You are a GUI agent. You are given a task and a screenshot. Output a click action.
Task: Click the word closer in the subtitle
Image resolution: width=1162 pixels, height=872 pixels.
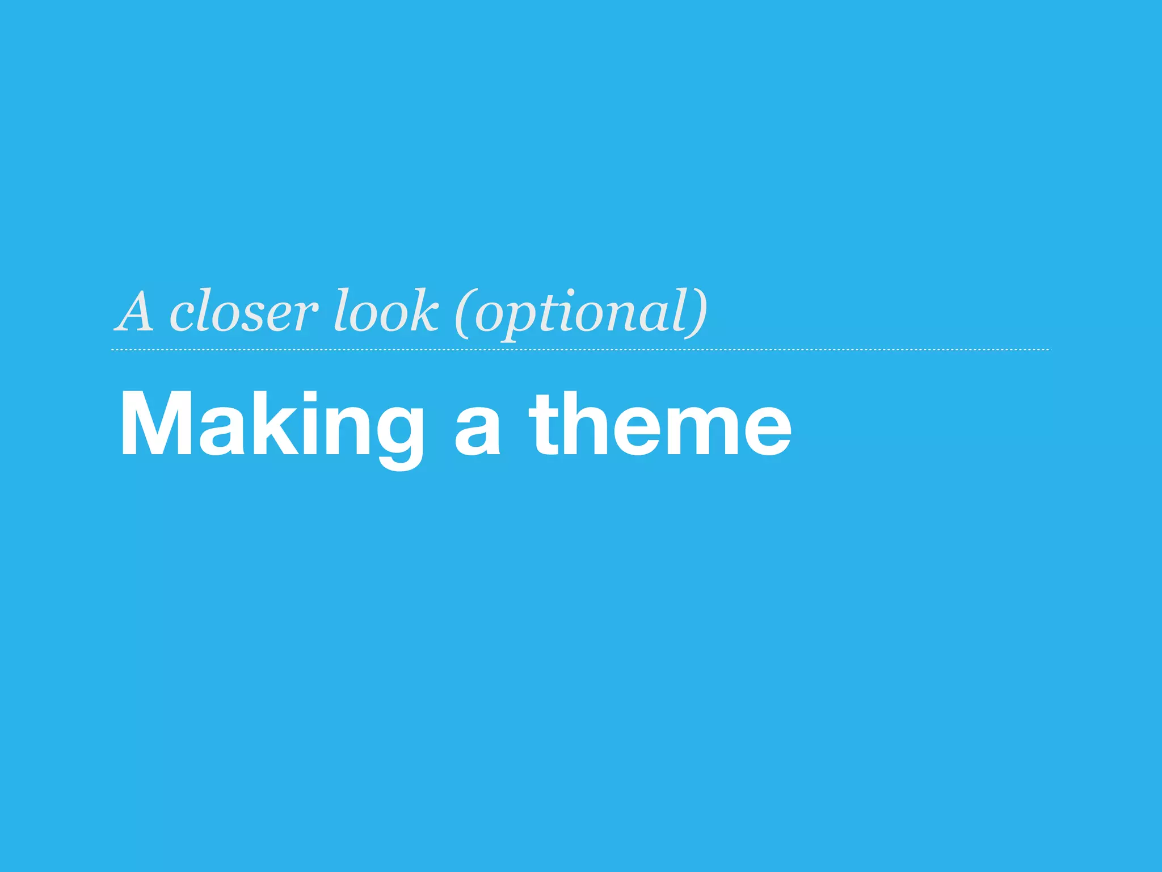[243, 312]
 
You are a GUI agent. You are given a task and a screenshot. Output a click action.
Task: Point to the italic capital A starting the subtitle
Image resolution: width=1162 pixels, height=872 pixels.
[135, 312]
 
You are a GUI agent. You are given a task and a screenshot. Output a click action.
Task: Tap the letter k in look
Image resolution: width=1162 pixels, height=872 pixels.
[423, 311]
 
